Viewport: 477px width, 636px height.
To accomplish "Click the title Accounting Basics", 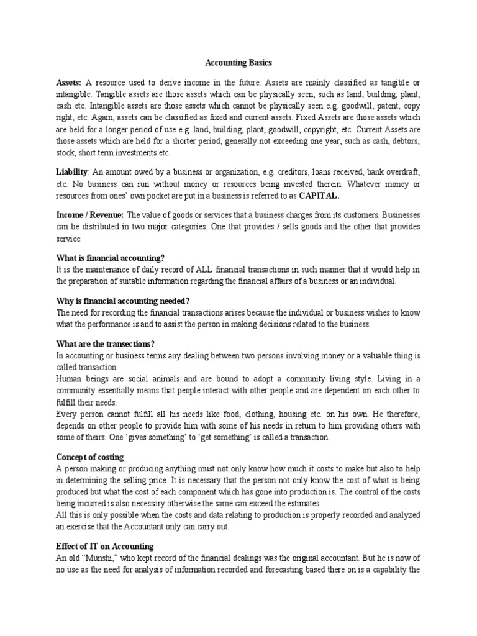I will (238, 63).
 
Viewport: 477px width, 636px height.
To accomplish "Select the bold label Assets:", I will (68, 83).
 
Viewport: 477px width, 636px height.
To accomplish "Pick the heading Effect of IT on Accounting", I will (104, 547).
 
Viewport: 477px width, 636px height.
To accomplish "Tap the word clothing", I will (262, 414).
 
